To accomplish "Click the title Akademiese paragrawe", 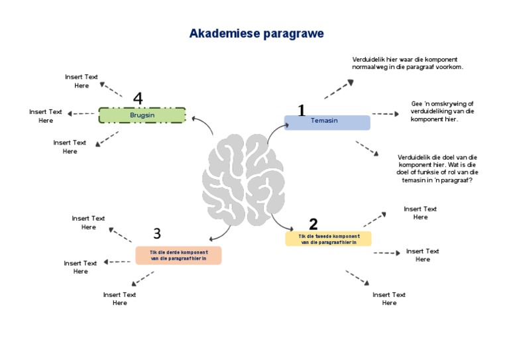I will click(x=256, y=33).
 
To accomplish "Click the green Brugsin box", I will click(x=142, y=115).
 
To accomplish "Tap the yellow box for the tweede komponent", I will click(x=328, y=239).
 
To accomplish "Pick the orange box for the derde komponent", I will click(x=178, y=255).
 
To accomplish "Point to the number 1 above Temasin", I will click(x=302, y=110).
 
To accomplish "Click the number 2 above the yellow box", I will click(x=313, y=224).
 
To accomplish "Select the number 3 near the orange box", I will click(x=157, y=233).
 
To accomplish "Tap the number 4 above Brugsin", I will click(x=138, y=98).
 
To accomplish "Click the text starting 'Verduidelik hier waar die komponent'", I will click(x=407, y=63).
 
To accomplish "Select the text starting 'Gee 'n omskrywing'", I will click(x=442, y=111).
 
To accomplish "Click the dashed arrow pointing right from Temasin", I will click(x=385, y=114).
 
